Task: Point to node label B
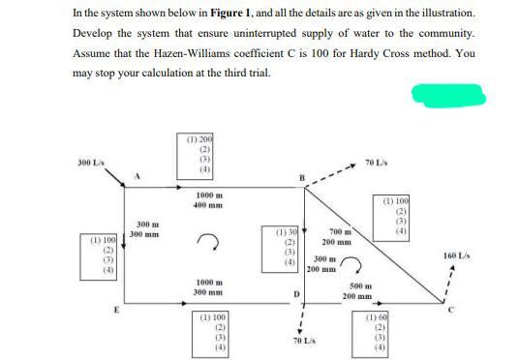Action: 302,176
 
